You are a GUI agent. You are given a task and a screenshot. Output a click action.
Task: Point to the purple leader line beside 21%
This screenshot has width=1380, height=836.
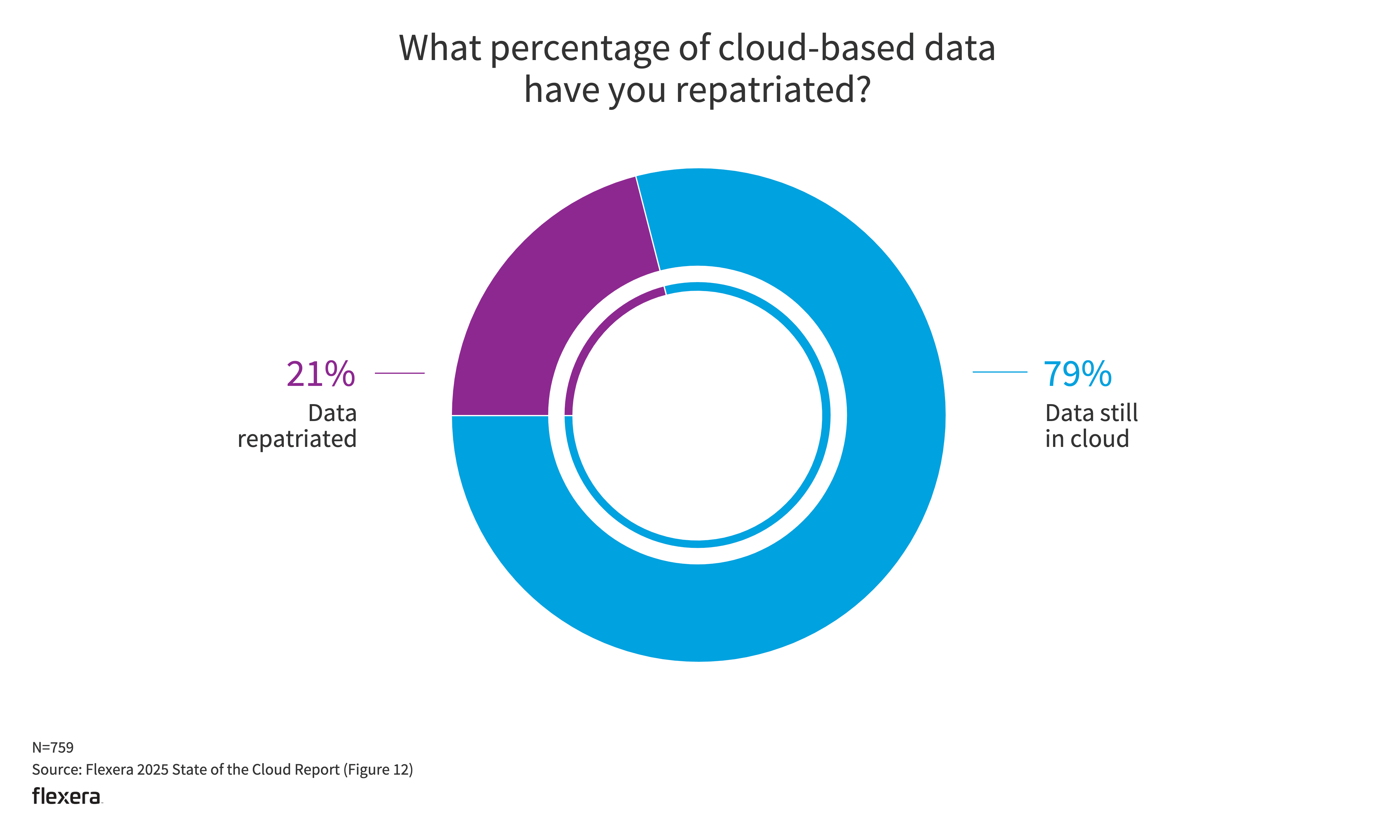coord(399,373)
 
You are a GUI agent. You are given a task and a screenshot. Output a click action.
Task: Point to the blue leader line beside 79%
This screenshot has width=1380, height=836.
coord(1000,372)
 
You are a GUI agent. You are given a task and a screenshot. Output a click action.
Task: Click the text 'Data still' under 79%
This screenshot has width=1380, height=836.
coord(1091,413)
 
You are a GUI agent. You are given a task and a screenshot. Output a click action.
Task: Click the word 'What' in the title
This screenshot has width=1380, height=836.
coord(440,48)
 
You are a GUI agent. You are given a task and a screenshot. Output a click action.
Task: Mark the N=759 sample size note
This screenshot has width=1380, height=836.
coord(53,748)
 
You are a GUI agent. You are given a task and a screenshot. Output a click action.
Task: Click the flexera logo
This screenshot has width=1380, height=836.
coord(66,796)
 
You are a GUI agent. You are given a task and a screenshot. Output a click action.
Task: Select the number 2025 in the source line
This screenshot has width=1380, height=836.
coord(153,770)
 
